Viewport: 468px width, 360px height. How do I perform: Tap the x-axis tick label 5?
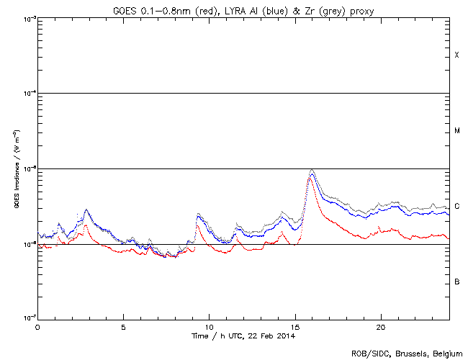(123, 327)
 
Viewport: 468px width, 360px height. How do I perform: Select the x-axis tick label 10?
(209, 327)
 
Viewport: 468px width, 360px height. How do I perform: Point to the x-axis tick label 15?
(294, 327)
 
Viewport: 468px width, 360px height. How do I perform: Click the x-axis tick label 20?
(380, 327)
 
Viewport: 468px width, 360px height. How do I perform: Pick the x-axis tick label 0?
(37, 327)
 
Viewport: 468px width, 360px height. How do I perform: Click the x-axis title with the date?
(243, 336)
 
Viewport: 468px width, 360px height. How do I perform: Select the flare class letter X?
(456, 55)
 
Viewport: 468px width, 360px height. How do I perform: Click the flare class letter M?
(456, 131)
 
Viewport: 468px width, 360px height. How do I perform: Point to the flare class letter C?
(456, 207)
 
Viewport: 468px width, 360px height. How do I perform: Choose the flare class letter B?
(456, 282)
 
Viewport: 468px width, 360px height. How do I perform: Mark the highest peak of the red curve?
(309, 176)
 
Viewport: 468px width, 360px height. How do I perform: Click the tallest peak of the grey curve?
(311, 170)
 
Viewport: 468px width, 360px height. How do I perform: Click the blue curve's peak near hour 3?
(86, 211)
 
